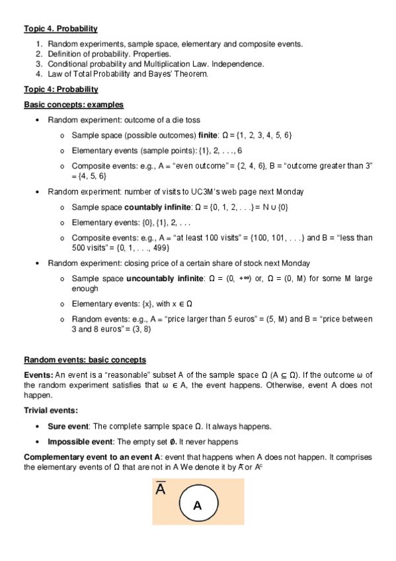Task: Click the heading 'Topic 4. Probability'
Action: (x=61, y=28)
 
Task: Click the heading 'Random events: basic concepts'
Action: (x=85, y=360)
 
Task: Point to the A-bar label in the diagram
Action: (x=161, y=490)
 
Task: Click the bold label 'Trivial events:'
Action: (x=51, y=411)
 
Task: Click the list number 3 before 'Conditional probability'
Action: (x=39, y=64)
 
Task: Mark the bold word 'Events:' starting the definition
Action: (x=38, y=375)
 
